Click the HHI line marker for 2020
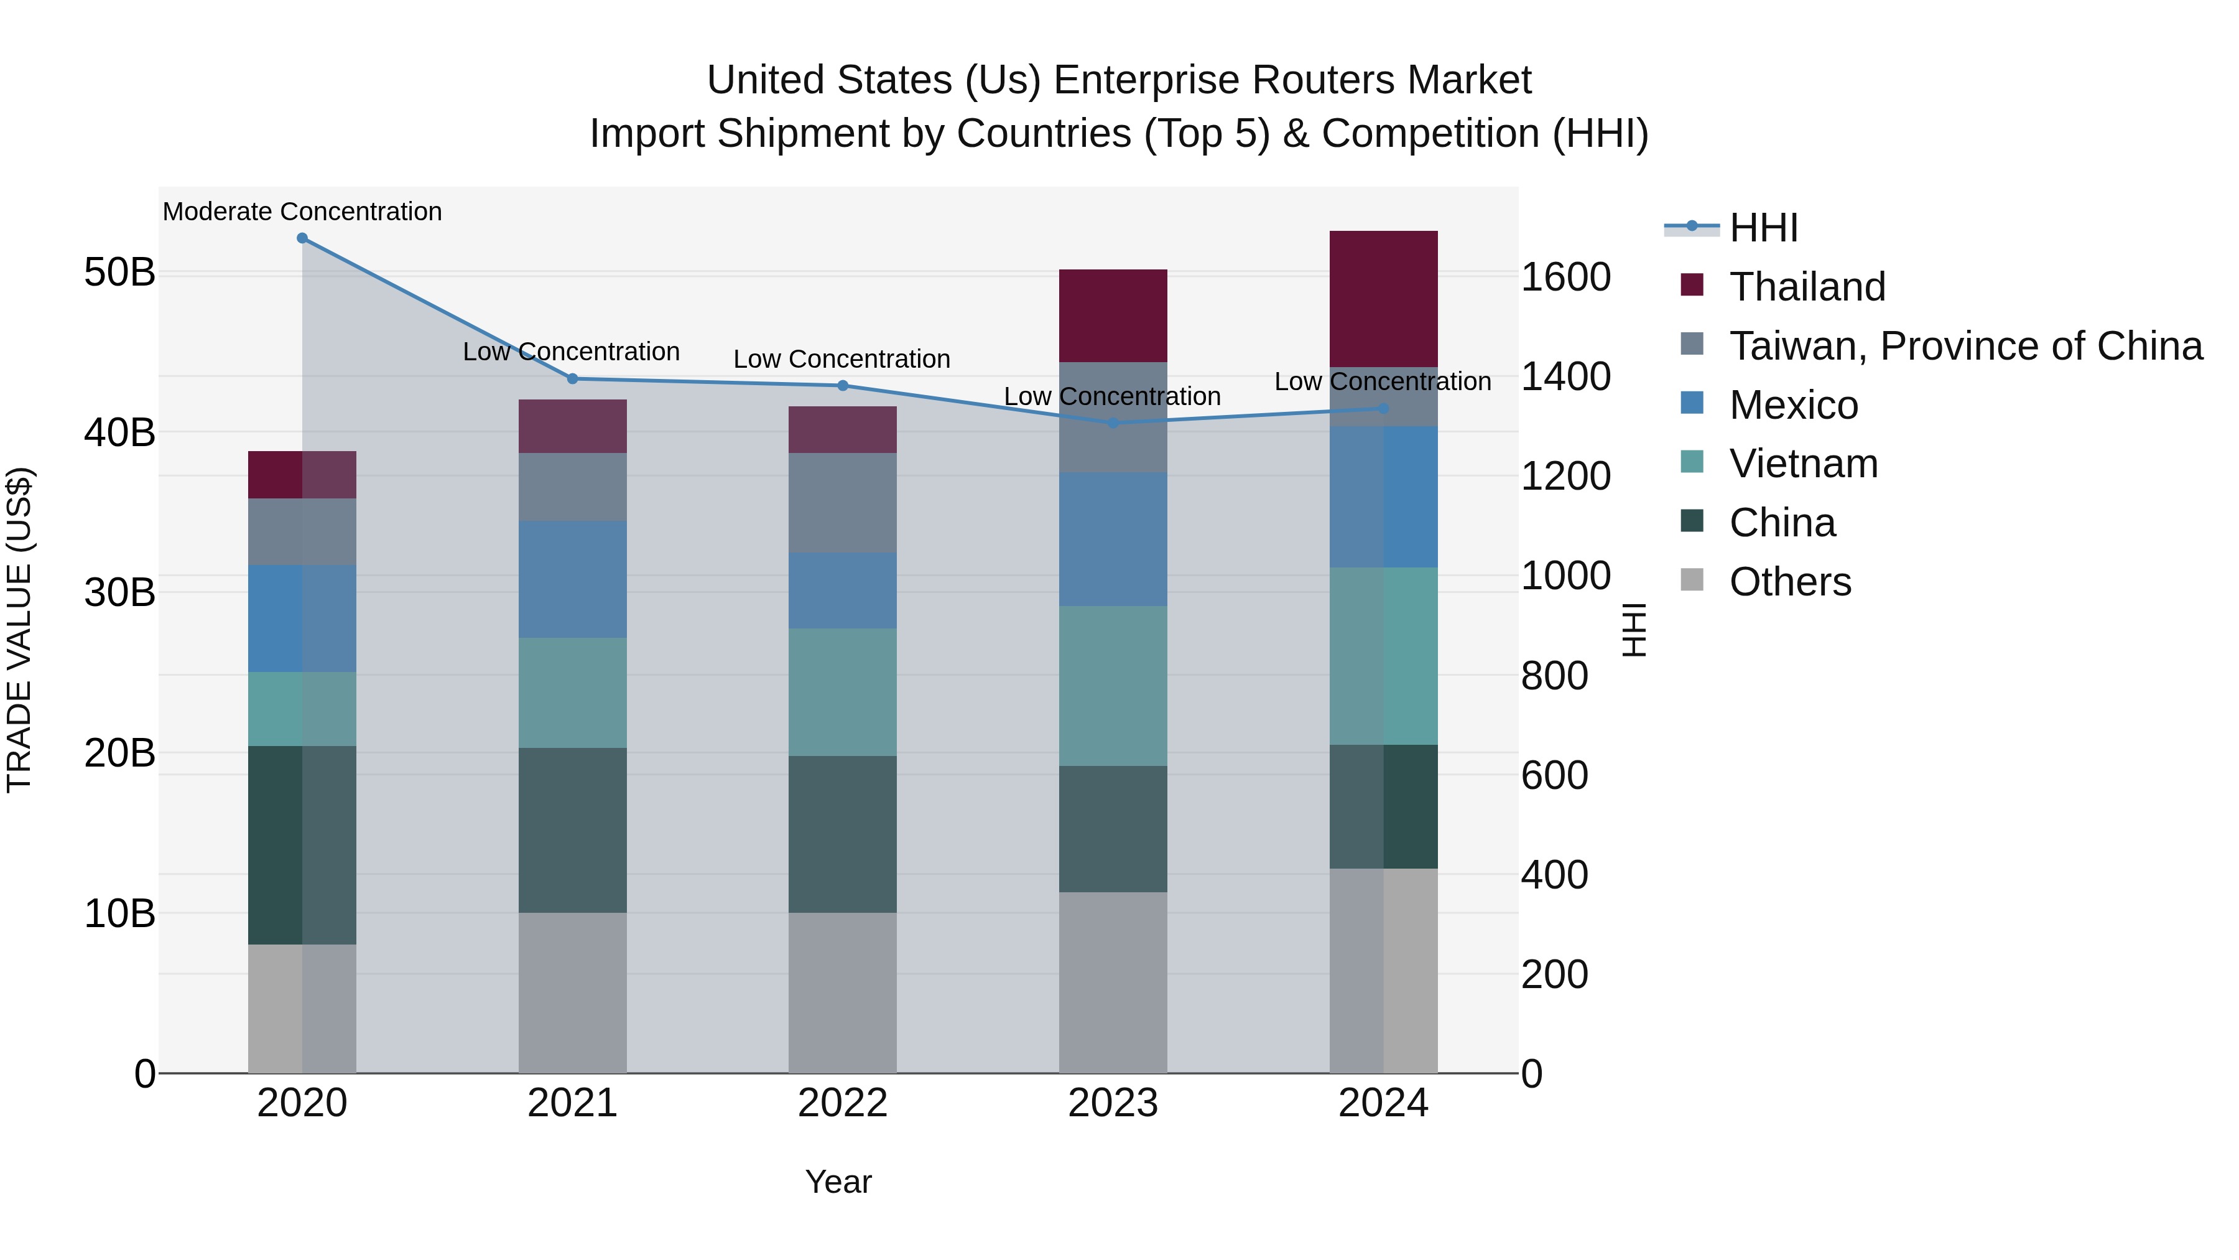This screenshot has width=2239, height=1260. click(302, 238)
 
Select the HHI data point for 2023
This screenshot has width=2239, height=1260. click(1113, 424)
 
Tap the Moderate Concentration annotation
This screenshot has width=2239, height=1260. click(302, 212)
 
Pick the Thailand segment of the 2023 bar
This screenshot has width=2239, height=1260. click(1113, 315)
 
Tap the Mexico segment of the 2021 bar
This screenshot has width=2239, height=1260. click(572, 579)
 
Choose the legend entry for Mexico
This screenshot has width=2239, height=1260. click(1793, 405)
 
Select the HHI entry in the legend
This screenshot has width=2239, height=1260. click(1763, 228)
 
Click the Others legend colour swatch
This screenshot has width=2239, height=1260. click(1692, 580)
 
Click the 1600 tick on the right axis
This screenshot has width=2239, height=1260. click(1565, 278)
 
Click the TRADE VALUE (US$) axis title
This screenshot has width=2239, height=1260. click(19, 630)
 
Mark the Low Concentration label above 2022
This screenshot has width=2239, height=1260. click(841, 359)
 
